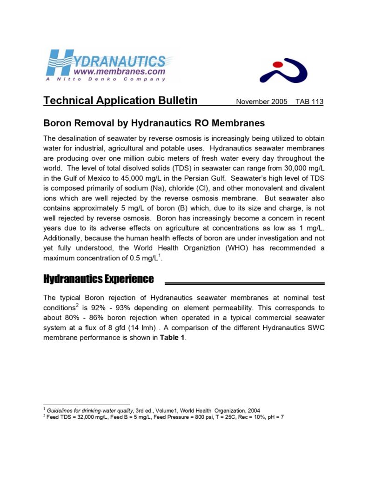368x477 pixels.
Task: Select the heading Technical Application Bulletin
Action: point(120,101)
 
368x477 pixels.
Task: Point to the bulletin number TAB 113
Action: point(309,102)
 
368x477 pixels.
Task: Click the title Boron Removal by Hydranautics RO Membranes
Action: point(154,123)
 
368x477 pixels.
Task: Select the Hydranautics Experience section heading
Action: point(98,279)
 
